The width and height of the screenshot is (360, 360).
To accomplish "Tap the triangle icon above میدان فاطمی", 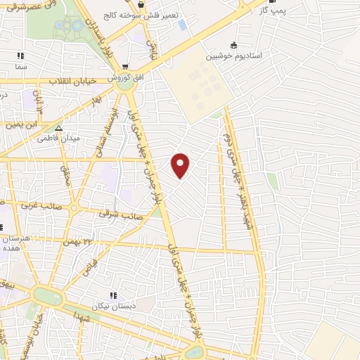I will (x=59, y=128).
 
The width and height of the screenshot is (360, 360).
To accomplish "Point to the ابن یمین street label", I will (x=20, y=124).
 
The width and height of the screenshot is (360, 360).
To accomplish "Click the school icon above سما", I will (x=20, y=55).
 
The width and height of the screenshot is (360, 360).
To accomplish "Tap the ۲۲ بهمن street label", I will (x=78, y=240).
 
